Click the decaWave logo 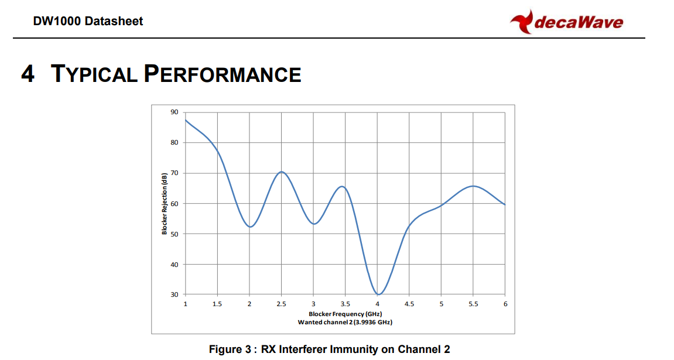(566, 22)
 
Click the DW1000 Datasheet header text (88, 21)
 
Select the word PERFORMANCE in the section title (223, 74)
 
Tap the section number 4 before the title (28, 74)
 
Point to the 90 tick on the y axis (174, 112)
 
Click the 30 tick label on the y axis (174, 294)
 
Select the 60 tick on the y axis (174, 204)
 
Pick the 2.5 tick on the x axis (281, 304)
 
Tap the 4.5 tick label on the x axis (409, 304)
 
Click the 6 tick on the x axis (505, 304)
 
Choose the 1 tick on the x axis (186, 304)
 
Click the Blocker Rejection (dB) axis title (164, 204)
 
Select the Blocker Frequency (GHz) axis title (345, 314)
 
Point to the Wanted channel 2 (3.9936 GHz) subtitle (345, 322)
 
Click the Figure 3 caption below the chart (329, 349)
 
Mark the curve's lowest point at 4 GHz (378, 294)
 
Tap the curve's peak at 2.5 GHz (282, 172)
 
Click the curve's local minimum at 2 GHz (249, 227)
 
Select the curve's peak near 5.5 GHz (473, 186)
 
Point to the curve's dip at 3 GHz (314, 224)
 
